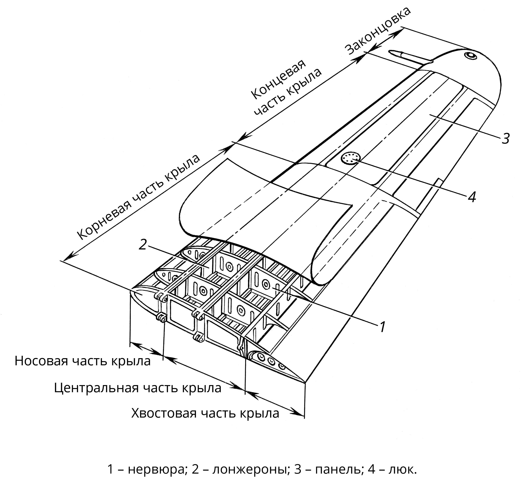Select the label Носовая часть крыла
tap(82, 361)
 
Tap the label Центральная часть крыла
tap(138, 388)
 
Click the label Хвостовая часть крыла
tap(205, 413)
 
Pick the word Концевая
tap(278, 80)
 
